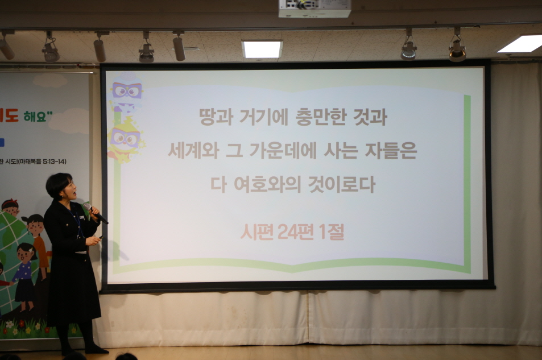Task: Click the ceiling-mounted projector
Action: pyautogui.click(x=315, y=8)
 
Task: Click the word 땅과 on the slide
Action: pyautogui.click(x=213, y=118)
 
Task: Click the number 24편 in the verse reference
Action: pyautogui.click(x=300, y=231)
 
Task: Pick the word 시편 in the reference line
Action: pyautogui.click(x=256, y=231)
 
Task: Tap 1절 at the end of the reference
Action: pyautogui.click(x=334, y=231)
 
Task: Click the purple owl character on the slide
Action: pyautogui.click(x=127, y=92)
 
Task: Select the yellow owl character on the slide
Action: pyautogui.click(x=125, y=139)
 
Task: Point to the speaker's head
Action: pyautogui.click(x=60, y=185)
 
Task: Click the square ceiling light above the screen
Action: pyautogui.click(x=262, y=49)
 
